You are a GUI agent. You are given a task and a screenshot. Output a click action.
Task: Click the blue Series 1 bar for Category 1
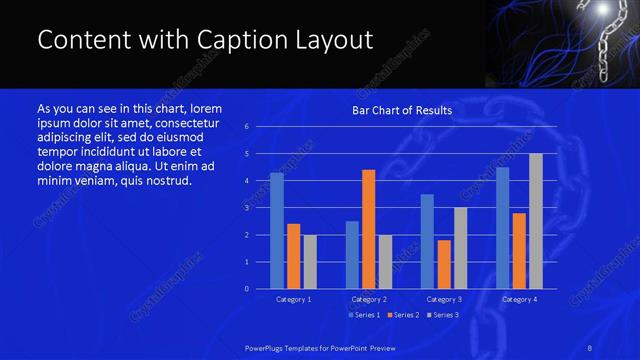click(x=277, y=231)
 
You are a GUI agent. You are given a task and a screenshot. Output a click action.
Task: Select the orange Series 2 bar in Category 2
click(x=369, y=229)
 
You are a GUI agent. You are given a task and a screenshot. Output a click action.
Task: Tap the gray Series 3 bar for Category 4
click(x=536, y=221)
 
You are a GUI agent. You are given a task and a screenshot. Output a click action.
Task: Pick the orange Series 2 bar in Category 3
click(x=444, y=264)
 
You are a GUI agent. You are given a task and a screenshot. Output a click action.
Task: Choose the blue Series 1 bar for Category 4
click(x=502, y=228)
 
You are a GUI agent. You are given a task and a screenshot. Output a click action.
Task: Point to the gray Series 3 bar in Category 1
click(x=310, y=262)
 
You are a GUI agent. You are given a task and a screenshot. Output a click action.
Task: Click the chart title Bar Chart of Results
click(x=402, y=110)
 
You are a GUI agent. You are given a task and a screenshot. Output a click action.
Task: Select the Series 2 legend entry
click(x=400, y=315)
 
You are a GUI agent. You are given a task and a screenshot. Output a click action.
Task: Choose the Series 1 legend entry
click(x=361, y=315)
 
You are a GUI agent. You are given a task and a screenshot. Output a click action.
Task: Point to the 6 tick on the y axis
click(x=247, y=127)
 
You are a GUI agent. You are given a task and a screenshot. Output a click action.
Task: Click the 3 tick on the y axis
click(x=247, y=208)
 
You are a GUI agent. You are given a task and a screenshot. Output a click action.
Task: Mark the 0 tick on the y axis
click(x=247, y=289)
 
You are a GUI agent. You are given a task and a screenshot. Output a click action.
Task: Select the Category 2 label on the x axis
click(x=369, y=299)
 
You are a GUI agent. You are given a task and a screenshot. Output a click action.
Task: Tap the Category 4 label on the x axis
click(x=519, y=299)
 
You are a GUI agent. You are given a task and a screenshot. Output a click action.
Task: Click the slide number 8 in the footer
click(x=590, y=346)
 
